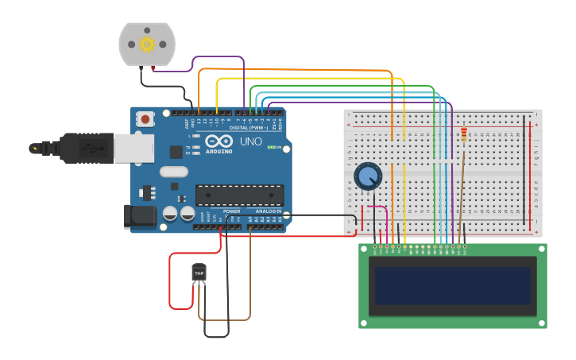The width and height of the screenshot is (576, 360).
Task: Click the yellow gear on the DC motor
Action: [147, 45]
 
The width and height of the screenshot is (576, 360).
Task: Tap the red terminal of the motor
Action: [153, 70]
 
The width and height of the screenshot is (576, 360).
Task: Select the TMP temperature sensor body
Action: [199, 273]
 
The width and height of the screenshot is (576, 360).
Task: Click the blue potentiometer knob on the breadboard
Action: [368, 176]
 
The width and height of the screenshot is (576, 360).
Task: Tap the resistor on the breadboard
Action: [464, 136]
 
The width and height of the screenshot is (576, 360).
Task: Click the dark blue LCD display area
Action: [452, 285]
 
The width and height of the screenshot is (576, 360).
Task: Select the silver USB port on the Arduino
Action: [133, 148]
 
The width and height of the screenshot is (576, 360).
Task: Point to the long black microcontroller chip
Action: [239, 195]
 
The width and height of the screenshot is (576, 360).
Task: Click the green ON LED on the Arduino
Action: [270, 148]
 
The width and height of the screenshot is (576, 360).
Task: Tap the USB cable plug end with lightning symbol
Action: [36, 148]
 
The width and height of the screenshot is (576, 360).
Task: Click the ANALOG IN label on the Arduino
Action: [268, 211]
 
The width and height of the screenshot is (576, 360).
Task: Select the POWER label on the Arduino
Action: [231, 211]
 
